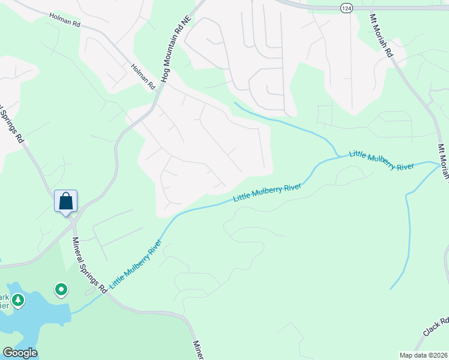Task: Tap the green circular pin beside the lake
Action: pos(61,290)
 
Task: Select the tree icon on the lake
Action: pos(19,300)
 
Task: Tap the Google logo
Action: pos(20,353)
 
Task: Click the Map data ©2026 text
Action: pos(423,355)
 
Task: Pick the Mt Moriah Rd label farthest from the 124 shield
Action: pos(443,161)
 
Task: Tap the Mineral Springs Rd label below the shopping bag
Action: pos(89,265)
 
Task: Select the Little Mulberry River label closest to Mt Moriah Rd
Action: pos(381,160)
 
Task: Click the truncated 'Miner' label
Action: pos(199,350)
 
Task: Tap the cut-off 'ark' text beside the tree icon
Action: pos(4,298)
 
